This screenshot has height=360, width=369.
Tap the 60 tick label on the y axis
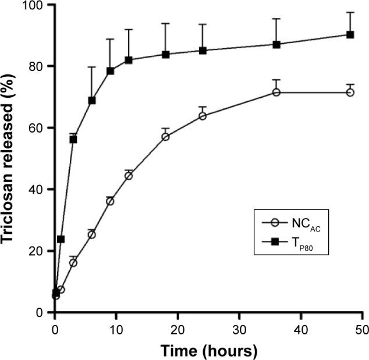click(x=39, y=128)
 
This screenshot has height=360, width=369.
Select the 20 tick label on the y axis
click(x=39, y=251)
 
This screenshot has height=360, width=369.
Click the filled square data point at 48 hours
click(x=350, y=34)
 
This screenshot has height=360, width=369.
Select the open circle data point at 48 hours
click(x=350, y=92)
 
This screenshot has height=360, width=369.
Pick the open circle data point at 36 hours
click(x=276, y=92)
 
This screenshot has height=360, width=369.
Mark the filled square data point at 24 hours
click(x=203, y=51)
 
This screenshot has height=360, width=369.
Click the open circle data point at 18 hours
click(x=166, y=137)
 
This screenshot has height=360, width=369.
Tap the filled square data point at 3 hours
click(x=73, y=140)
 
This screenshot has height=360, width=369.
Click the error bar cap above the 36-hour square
click(x=276, y=19)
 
